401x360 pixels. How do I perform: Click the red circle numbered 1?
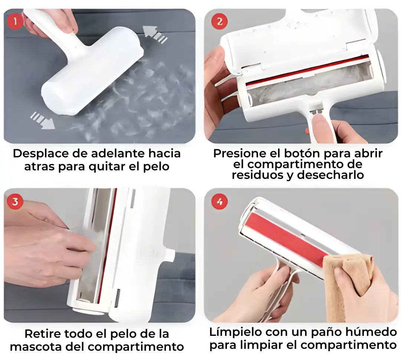tap(15, 21)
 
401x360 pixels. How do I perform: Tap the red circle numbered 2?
tap(219, 21)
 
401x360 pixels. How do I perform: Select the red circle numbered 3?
tap(15, 202)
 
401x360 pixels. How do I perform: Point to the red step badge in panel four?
tap(219, 202)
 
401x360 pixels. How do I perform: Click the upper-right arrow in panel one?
tap(154, 34)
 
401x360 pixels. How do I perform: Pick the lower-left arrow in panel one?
tap(42, 120)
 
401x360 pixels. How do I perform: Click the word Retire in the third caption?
tap(42, 334)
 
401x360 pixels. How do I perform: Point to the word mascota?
tap(36, 347)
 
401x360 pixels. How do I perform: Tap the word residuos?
tap(258, 175)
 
